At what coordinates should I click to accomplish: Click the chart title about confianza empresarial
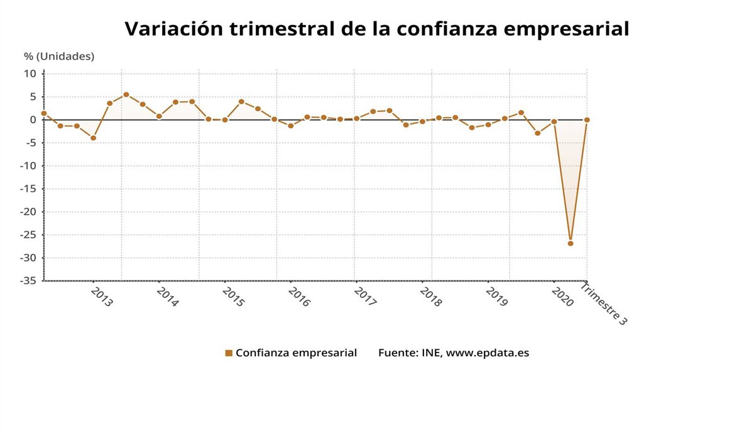[x=376, y=28]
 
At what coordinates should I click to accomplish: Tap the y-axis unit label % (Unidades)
[x=59, y=56]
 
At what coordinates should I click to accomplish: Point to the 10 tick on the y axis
[x=31, y=74]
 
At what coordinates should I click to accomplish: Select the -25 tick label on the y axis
[x=28, y=235]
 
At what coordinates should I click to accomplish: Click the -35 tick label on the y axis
[x=28, y=281]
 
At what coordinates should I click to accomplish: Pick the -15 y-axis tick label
[x=28, y=189]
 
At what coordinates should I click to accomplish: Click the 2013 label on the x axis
[x=102, y=297]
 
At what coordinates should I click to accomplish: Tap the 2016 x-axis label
[x=299, y=297]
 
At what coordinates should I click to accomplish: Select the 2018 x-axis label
[x=431, y=297]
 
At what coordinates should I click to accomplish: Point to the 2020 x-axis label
[x=562, y=297]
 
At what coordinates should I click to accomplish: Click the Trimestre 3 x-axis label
[x=604, y=304]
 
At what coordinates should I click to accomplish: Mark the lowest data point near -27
[x=571, y=243]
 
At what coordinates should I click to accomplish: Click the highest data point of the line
[x=126, y=94]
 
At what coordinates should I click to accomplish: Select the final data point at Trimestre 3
[x=587, y=119]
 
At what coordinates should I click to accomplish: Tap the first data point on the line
[x=44, y=113]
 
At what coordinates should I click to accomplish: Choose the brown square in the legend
[x=229, y=353]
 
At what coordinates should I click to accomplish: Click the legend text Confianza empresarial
[x=296, y=353]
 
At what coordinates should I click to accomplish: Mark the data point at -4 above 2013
[x=94, y=138]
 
